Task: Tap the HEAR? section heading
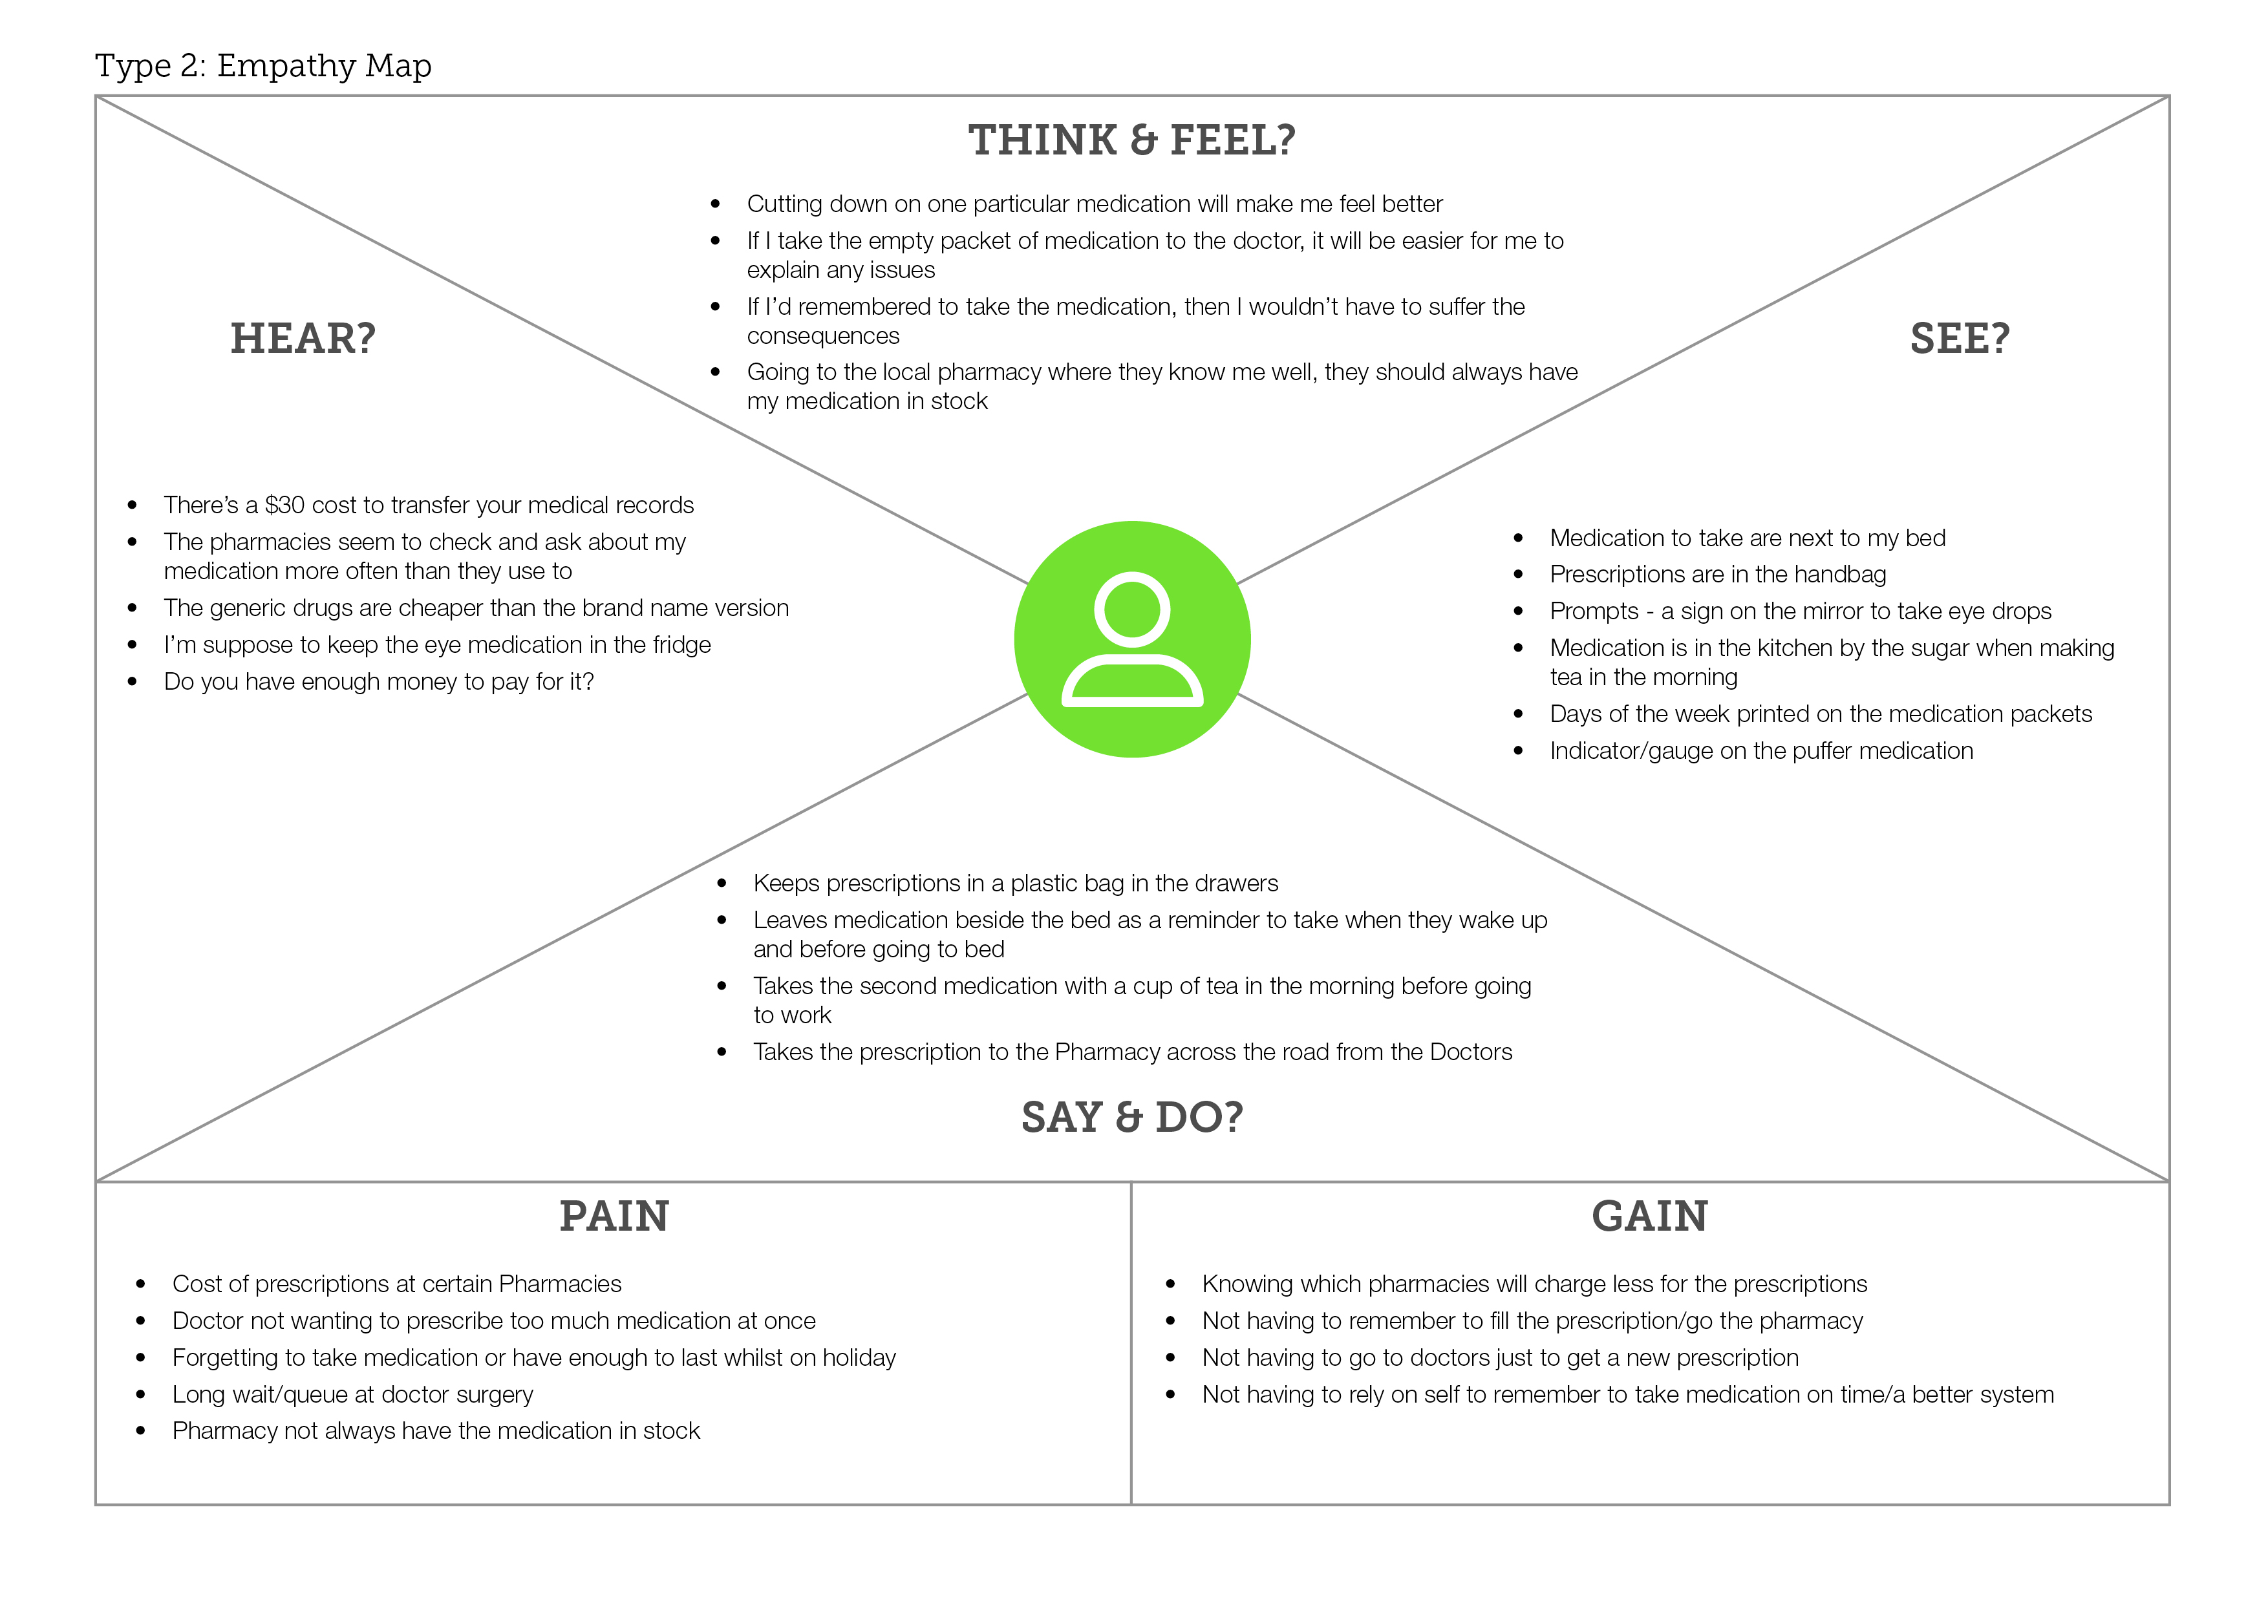(x=303, y=339)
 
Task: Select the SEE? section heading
(x=1959, y=339)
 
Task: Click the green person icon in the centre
(x=1132, y=639)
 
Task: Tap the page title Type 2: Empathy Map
(x=262, y=65)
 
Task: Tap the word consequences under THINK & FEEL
(x=823, y=336)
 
